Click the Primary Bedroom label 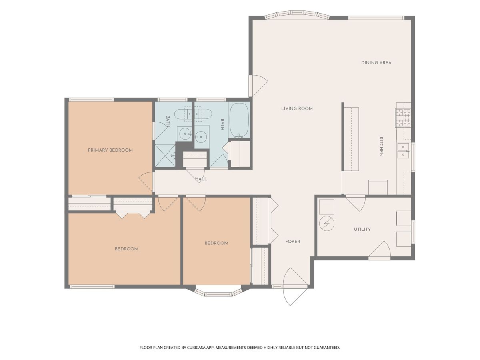110,150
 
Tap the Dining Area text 376,62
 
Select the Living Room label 297,108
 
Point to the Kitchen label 381,146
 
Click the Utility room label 362,229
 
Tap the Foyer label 293,242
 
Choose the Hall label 201,179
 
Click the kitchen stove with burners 403,118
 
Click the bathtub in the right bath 239,120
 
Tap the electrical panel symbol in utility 326,224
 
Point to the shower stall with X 165,156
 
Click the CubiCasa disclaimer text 240,348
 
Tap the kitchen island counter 351,139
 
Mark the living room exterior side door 258,86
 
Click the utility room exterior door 380,250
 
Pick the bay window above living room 297,15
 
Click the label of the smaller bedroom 216,243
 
